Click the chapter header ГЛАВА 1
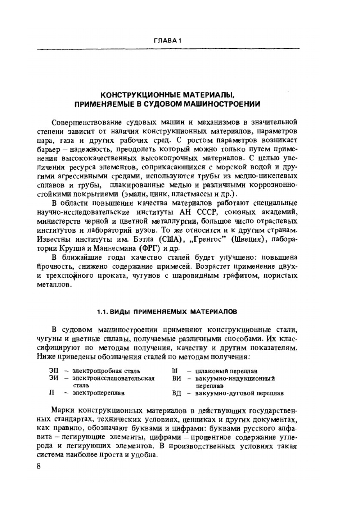[x=167, y=41]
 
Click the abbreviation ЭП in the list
[x=53, y=371]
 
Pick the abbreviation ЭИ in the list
[x=53, y=378]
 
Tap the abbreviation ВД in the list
[x=176, y=393]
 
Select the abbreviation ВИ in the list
[x=176, y=378]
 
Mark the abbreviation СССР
[x=206, y=212]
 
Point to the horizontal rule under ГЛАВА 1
[x=168, y=49]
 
